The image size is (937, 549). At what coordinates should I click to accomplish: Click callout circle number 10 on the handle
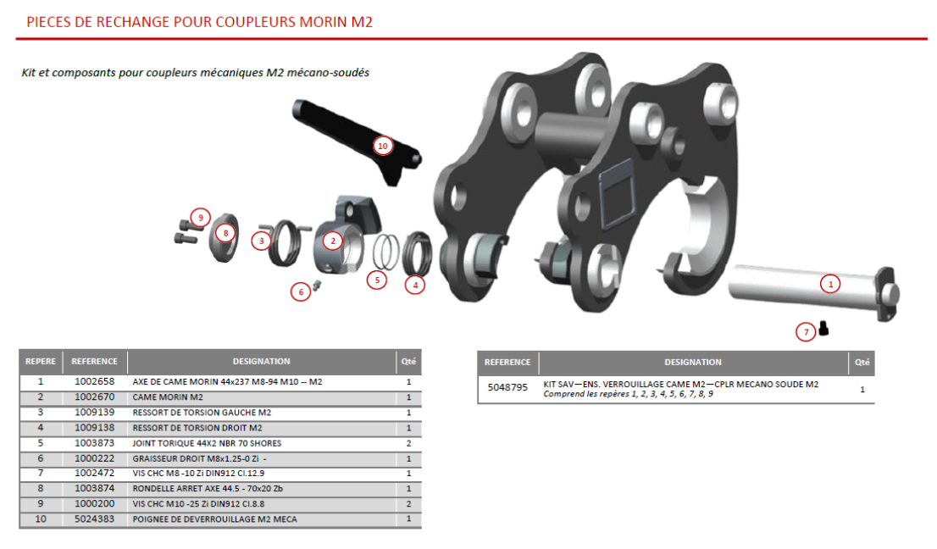coord(383,146)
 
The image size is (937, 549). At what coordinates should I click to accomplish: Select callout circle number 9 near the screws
coord(200,218)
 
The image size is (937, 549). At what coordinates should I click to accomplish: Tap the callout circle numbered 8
coord(225,232)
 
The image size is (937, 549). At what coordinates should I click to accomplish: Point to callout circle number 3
coord(262,241)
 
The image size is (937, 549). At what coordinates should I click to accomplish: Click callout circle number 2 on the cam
coord(334,241)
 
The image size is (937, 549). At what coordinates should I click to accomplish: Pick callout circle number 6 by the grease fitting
coord(300,292)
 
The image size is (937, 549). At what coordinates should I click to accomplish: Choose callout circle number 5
coord(377,279)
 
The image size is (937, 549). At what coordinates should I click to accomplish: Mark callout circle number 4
coord(414,286)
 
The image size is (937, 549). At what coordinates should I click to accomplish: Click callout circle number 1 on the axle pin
coord(831,285)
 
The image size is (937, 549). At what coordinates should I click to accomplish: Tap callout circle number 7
coord(806,332)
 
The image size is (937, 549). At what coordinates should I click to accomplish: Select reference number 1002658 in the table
coord(94,382)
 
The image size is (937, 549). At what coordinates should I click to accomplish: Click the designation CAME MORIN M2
coord(168,397)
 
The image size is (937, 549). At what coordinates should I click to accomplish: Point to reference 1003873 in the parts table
coord(94,443)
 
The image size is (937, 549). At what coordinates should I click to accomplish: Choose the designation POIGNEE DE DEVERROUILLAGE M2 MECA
coord(214,518)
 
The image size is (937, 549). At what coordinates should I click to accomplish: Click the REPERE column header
coord(40,362)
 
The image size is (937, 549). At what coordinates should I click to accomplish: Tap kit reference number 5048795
coord(507,388)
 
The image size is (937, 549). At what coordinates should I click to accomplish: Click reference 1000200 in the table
coord(94,503)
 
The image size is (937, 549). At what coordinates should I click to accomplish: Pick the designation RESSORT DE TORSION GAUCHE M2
coord(202,413)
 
